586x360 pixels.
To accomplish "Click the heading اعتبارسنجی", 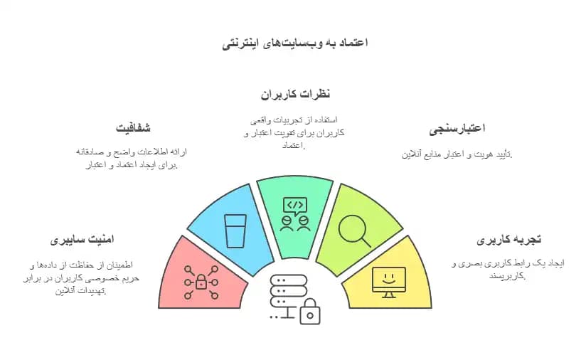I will (x=457, y=129).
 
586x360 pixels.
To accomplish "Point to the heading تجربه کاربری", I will (x=509, y=240).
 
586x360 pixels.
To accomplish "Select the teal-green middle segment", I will (x=294, y=210).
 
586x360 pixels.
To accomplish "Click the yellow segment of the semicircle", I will (x=388, y=273).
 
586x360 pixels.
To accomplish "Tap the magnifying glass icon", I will (x=353, y=230).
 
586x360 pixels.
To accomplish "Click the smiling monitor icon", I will (x=388, y=281).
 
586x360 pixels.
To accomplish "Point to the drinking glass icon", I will (x=235, y=231).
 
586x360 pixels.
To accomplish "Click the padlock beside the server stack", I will (x=310, y=311).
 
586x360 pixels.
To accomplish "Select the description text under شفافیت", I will (x=130, y=159).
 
